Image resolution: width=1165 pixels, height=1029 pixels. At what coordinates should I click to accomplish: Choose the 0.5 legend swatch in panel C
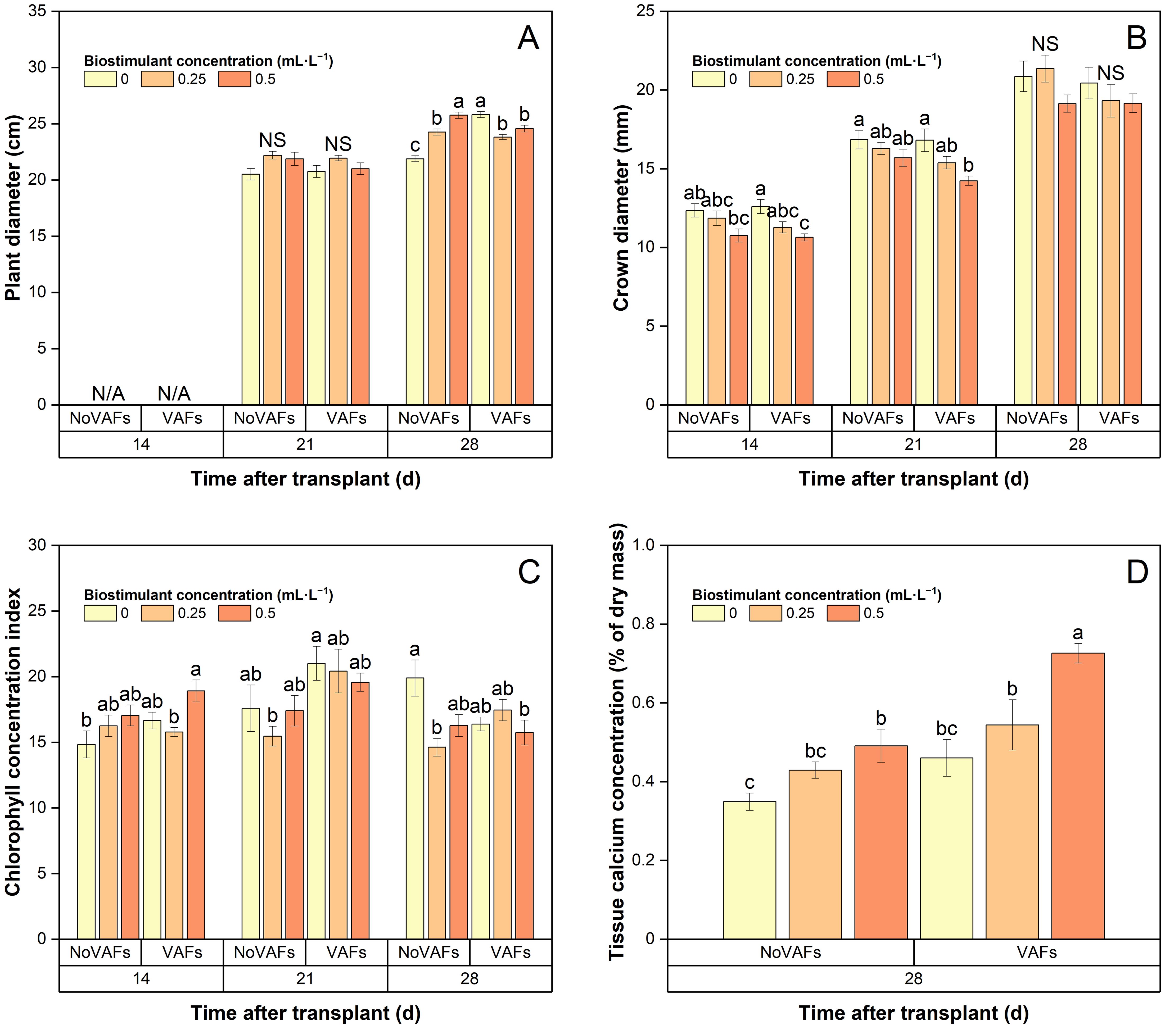pyautogui.click(x=234, y=613)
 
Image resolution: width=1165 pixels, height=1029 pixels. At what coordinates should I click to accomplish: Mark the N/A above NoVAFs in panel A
pyautogui.click(x=108, y=393)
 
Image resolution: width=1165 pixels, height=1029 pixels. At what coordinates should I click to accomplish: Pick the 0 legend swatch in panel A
pyautogui.click(x=100, y=79)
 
